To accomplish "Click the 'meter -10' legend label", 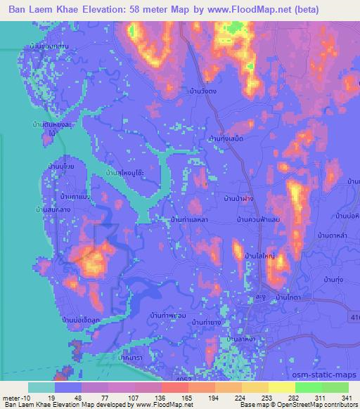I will click(x=15, y=397).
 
